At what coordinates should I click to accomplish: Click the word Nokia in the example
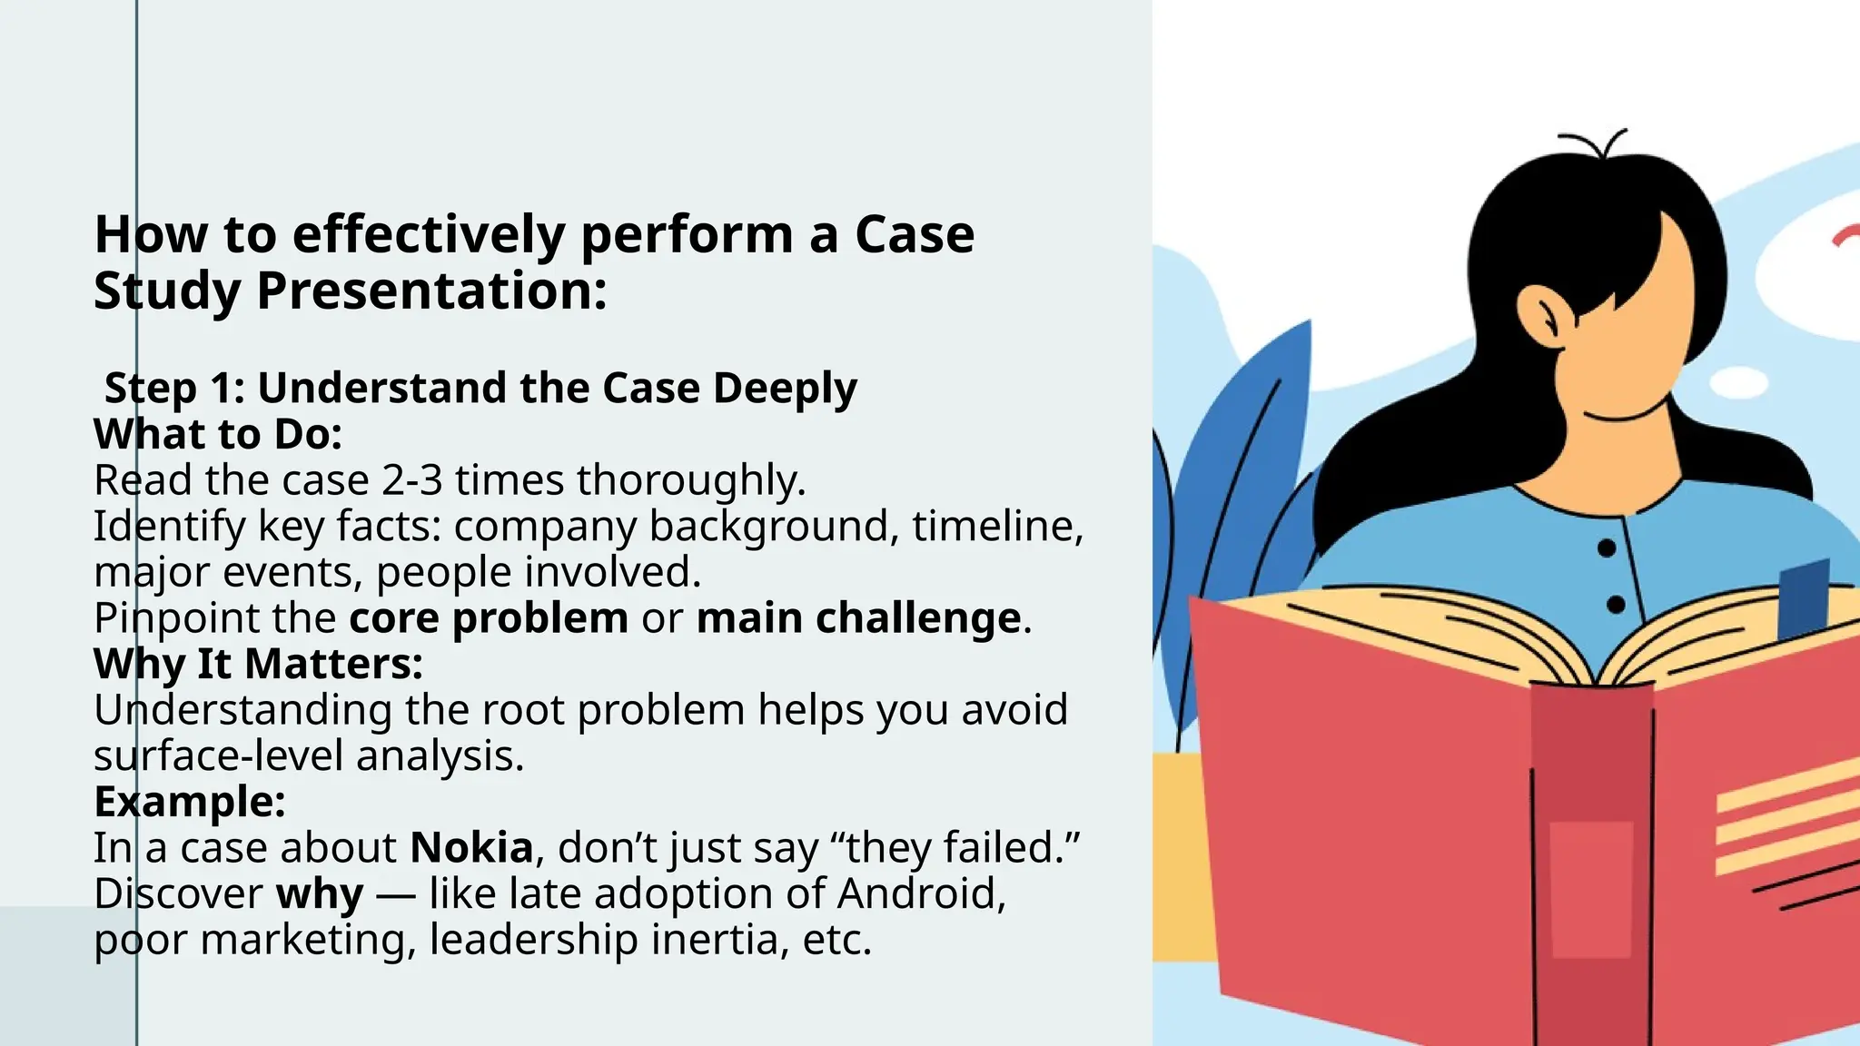click(x=471, y=848)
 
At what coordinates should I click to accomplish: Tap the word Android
click(x=921, y=893)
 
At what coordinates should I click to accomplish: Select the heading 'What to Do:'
click(x=218, y=434)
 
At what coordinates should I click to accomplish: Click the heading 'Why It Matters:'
click(x=258, y=664)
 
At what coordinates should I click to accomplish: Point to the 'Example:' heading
click(x=190, y=802)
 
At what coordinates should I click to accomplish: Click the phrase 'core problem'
click(x=489, y=618)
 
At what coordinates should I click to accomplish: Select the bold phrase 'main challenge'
click(x=858, y=618)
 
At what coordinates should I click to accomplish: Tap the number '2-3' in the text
click(x=411, y=480)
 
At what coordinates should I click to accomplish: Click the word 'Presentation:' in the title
click(x=431, y=291)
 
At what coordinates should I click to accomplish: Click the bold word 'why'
click(x=320, y=894)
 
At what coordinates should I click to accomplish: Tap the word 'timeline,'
click(x=997, y=526)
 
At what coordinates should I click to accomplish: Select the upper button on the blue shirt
click(x=1606, y=548)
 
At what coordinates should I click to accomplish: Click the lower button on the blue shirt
click(x=1616, y=605)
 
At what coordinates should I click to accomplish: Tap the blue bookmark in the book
click(x=1803, y=599)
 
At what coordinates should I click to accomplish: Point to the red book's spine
click(x=1591, y=863)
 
